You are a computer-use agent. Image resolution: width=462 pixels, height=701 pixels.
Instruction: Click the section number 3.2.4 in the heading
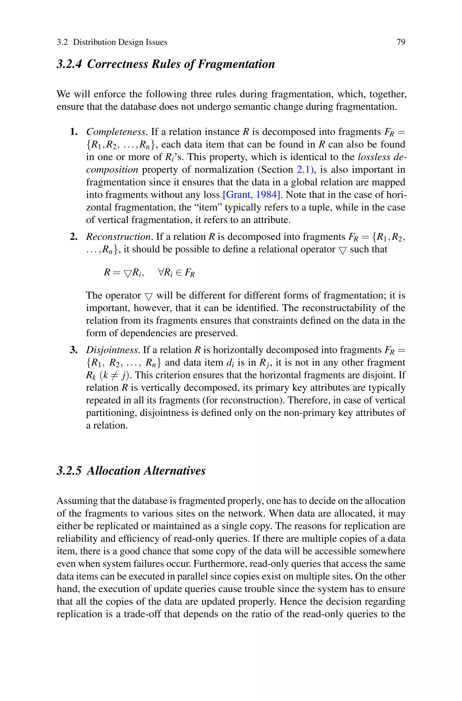pyautogui.click(x=69, y=64)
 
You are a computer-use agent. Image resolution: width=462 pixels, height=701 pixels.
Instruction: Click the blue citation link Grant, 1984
pyautogui.click(x=251, y=195)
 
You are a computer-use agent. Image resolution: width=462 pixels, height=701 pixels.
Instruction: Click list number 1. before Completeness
pyautogui.click(x=74, y=132)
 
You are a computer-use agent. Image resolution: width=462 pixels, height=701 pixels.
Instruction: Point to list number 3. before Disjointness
pyautogui.click(x=74, y=350)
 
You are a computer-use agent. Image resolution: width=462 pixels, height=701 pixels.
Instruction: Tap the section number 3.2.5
pyautogui.click(x=69, y=471)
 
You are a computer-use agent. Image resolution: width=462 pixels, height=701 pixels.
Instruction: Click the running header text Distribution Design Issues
pyautogui.click(x=120, y=42)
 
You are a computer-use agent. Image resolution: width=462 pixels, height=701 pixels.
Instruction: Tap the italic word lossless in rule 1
pyautogui.click(x=374, y=157)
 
